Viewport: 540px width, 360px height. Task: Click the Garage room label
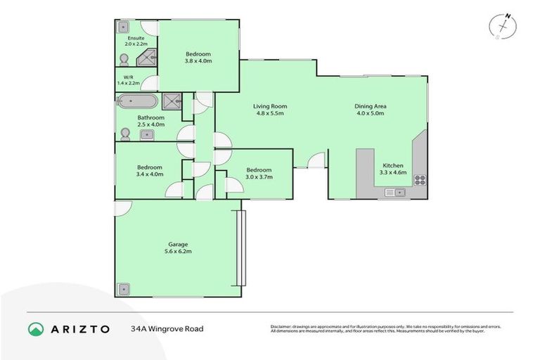point(177,244)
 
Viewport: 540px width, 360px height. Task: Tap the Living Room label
point(270,107)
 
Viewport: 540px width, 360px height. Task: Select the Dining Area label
point(371,107)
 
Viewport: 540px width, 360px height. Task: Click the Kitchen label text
point(391,165)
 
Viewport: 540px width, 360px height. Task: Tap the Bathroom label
point(150,117)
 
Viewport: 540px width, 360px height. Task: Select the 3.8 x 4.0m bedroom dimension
point(198,61)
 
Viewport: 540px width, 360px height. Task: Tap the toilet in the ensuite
point(124,59)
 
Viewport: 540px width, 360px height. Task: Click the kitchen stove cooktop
point(420,180)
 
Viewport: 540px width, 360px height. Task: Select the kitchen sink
point(394,192)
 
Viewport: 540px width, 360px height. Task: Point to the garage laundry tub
point(124,288)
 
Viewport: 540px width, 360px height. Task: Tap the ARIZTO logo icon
point(36,329)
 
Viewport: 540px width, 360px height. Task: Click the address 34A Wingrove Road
point(167,328)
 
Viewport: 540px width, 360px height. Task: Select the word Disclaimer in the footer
point(282,327)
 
